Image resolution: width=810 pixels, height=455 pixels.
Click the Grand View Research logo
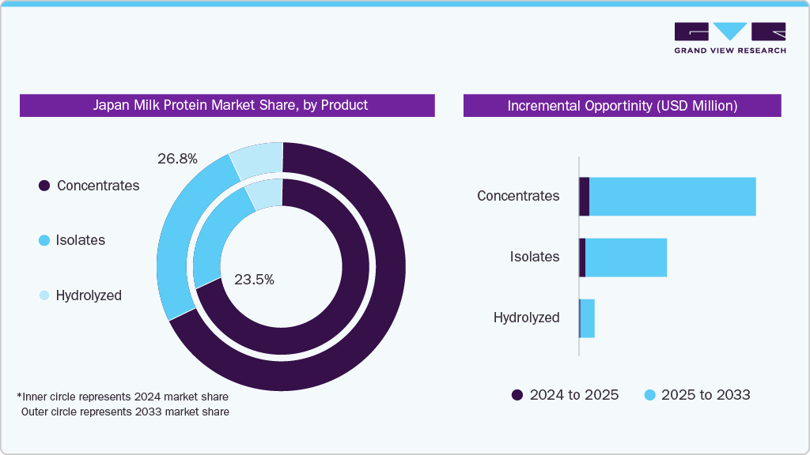click(729, 38)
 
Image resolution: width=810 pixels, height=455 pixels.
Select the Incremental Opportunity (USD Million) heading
click(622, 106)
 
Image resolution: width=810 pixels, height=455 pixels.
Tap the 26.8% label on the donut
click(177, 159)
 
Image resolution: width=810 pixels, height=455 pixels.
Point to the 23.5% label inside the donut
click(254, 279)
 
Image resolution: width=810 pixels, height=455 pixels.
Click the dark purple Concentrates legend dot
click(44, 186)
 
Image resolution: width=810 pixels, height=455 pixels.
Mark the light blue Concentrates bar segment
click(672, 197)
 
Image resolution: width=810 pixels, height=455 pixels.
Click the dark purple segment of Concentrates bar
click(584, 197)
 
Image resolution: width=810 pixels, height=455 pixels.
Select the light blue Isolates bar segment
click(626, 258)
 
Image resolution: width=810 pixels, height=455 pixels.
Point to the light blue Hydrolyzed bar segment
click(587, 318)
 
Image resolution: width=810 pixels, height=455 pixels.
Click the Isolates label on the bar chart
click(534, 257)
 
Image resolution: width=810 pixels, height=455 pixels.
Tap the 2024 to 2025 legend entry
click(565, 395)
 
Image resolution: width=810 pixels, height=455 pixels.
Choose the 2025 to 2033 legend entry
click(697, 395)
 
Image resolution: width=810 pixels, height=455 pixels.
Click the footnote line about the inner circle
click(123, 396)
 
